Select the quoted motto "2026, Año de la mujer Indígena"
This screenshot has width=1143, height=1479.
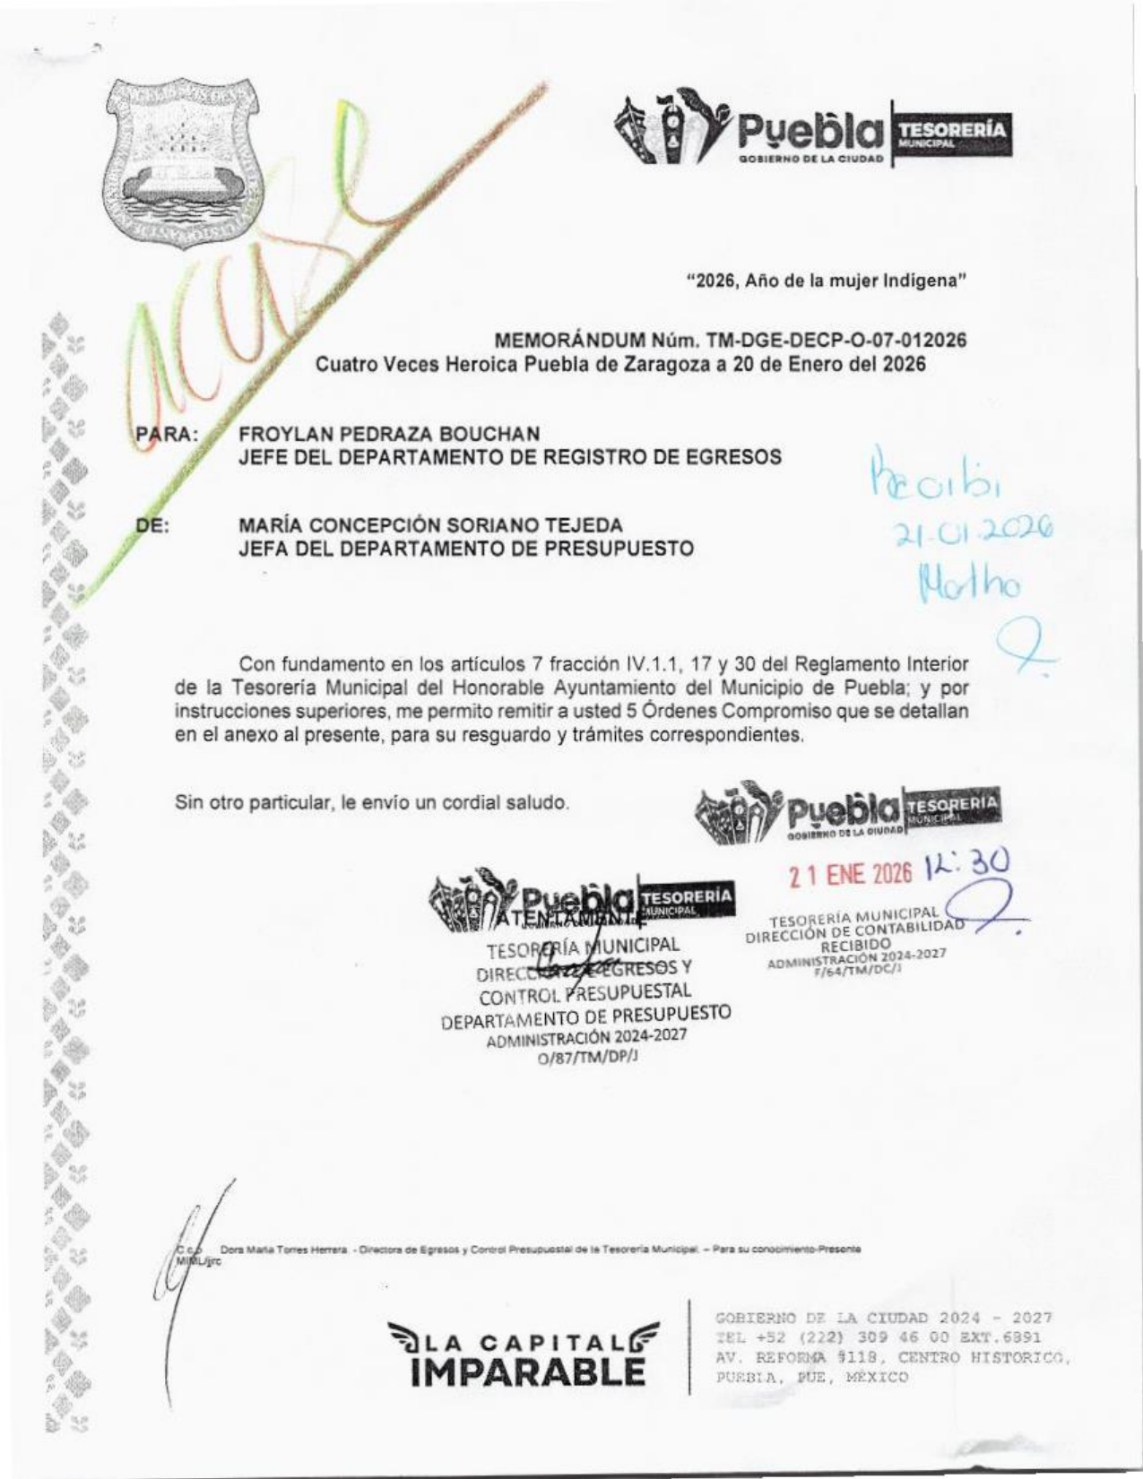click(825, 280)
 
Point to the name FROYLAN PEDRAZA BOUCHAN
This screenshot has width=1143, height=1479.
click(389, 434)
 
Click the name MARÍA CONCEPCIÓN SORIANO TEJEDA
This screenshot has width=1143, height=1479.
click(430, 525)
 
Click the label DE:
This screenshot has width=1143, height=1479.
click(152, 526)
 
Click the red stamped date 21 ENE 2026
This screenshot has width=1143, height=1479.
click(851, 873)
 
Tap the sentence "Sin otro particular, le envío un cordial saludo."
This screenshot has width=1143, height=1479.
click(372, 802)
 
